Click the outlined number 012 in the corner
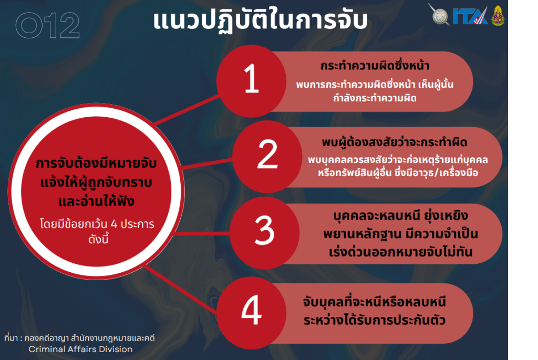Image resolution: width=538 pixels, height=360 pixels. pyautogui.click(x=48, y=25)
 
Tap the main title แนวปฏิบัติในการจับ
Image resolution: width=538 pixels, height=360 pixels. pyautogui.click(x=260, y=20)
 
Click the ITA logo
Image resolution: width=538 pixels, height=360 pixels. pyautogui.click(x=470, y=16)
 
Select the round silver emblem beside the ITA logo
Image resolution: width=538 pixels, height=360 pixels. pyautogui.click(x=440, y=15)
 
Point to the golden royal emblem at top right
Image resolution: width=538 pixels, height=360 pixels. pyautogui.click(x=498, y=15)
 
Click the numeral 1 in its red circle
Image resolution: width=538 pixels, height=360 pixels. pyautogui.click(x=252, y=79)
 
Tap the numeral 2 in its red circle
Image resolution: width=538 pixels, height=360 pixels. pyautogui.click(x=267, y=155)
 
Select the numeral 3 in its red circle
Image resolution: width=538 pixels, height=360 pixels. pyautogui.click(x=265, y=230)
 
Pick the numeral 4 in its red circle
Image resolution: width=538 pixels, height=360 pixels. pyautogui.click(x=252, y=310)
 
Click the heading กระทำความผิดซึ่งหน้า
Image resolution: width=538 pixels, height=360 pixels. pyautogui.click(x=375, y=66)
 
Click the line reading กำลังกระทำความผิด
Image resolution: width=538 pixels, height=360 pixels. pyautogui.click(x=375, y=98)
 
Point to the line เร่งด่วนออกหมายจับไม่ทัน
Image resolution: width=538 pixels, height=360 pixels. pyautogui.click(x=400, y=252)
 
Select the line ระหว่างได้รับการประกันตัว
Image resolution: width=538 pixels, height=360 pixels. pyautogui.click(x=374, y=320)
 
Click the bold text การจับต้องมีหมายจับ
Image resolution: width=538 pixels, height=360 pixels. pyautogui.click(x=96, y=163)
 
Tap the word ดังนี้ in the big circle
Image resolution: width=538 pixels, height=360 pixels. pyautogui.click(x=98, y=239)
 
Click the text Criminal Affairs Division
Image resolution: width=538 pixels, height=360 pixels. pyautogui.click(x=80, y=349)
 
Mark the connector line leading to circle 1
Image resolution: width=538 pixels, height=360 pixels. pyautogui.click(x=187, y=109)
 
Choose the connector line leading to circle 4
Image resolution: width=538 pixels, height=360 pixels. pyautogui.click(x=181, y=289)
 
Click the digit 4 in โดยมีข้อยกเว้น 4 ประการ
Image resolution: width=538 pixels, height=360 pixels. pyautogui.click(x=114, y=224)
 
